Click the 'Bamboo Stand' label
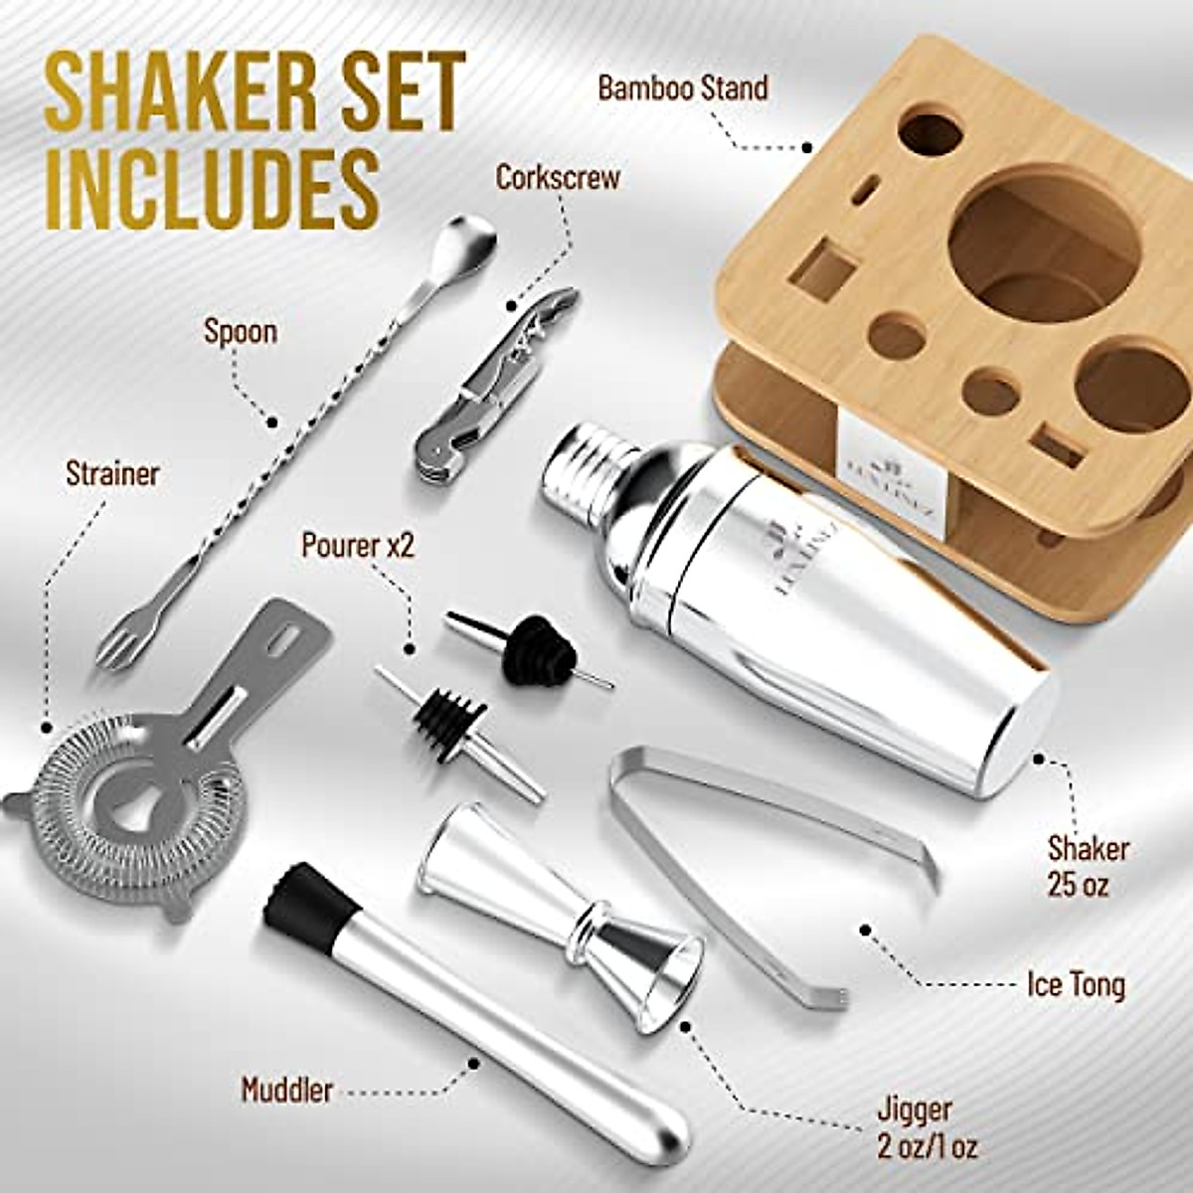click(x=682, y=88)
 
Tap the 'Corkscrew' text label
click(x=558, y=178)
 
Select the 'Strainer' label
click(x=112, y=473)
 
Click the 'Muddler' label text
click(x=286, y=1090)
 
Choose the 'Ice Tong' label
click(x=1076, y=985)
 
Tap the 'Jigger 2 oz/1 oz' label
click(x=928, y=1127)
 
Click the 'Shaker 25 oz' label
click(x=1088, y=865)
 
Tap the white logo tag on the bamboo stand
click(x=876, y=452)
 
